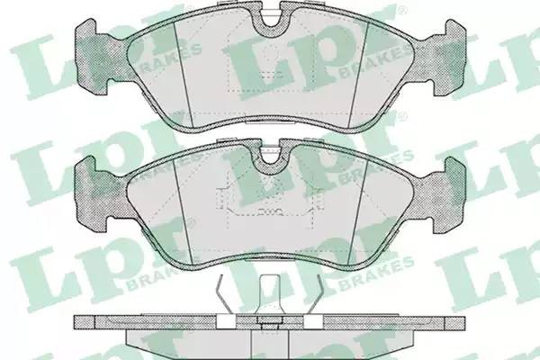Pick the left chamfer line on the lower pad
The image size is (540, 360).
click(183, 211)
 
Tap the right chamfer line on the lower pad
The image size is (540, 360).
click(358, 211)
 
